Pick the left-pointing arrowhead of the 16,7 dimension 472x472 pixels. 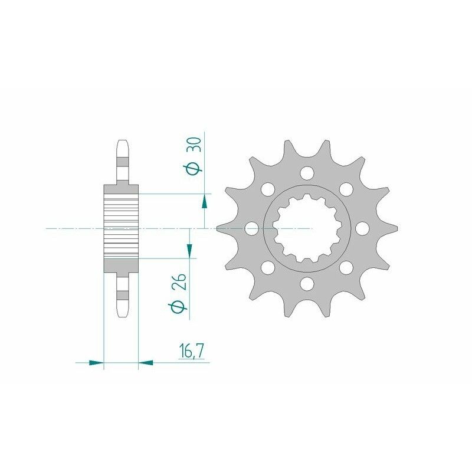[145, 362]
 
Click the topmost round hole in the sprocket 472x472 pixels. [306, 173]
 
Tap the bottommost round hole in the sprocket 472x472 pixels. [306, 284]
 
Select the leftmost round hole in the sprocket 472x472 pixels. [250, 228]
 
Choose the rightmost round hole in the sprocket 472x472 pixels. [361, 228]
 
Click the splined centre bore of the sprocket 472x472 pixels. [306, 229]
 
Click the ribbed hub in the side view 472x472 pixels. [121, 228]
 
